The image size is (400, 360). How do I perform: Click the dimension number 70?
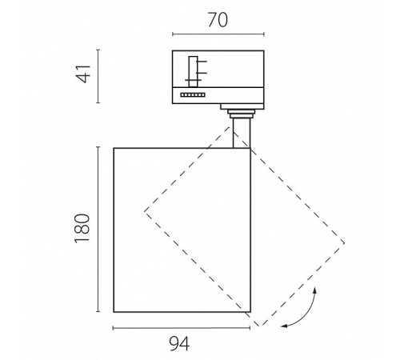click(x=218, y=20)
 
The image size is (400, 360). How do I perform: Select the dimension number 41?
click(x=83, y=74)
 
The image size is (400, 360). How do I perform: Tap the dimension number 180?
click(x=82, y=228)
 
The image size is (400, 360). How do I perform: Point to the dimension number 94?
click(x=179, y=344)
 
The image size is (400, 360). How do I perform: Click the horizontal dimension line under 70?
click(x=218, y=34)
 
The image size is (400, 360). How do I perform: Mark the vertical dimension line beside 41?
click(x=98, y=76)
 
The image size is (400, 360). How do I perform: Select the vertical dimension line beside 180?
click(x=98, y=229)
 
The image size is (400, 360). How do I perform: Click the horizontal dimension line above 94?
click(x=182, y=328)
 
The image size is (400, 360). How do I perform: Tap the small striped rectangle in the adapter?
click(x=193, y=94)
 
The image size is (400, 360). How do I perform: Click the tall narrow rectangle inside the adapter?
click(x=193, y=71)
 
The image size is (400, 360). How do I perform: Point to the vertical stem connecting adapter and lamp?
click(x=242, y=133)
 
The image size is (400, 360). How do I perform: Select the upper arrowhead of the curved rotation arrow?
click(x=315, y=290)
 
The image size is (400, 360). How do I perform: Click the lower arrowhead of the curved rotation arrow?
click(x=284, y=326)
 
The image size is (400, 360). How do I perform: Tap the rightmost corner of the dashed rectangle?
click(x=345, y=243)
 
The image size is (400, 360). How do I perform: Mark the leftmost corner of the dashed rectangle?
click(x=145, y=211)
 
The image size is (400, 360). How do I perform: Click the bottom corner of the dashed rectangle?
click(x=259, y=326)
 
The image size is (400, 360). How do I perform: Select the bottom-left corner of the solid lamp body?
click(x=114, y=312)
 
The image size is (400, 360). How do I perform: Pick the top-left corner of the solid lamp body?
click(x=114, y=148)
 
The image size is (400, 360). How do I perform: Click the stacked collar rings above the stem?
click(x=242, y=114)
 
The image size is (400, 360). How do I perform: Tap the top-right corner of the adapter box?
click(x=264, y=50)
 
